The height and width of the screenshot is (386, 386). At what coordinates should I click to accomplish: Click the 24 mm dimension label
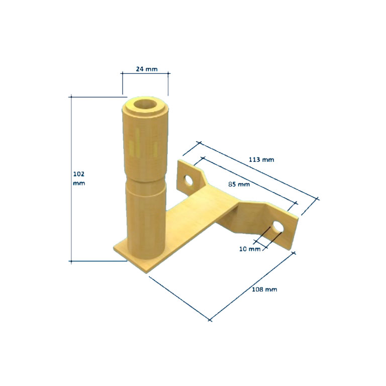point(147,69)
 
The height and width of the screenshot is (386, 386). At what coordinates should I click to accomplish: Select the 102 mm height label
point(79,178)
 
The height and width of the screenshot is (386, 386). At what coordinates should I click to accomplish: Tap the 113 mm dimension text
point(261,159)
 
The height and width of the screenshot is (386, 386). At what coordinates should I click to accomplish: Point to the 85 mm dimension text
point(239,184)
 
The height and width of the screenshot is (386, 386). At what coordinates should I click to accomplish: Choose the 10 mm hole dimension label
point(250,249)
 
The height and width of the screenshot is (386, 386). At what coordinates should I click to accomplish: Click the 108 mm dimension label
point(264,289)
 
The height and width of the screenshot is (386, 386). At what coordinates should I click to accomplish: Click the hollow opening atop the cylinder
point(146,105)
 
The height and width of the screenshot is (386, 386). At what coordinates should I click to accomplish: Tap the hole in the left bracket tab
point(189,181)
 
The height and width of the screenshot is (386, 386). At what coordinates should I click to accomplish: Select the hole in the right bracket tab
point(277,227)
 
